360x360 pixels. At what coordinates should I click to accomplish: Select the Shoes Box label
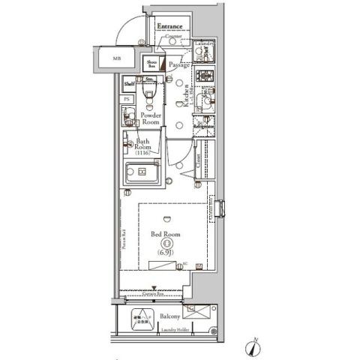pyautogui.click(x=151, y=64)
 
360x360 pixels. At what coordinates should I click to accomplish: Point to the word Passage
pyautogui.click(x=179, y=65)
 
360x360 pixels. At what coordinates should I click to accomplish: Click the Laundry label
pyautogui.click(x=204, y=44)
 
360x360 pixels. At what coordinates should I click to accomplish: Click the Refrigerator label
pyautogui.click(x=203, y=127)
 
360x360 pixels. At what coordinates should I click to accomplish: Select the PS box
pyautogui.click(x=127, y=98)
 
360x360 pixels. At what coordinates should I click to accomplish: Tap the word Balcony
pyautogui.click(x=170, y=317)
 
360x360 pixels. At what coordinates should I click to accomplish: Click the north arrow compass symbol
pyautogui.click(x=252, y=347)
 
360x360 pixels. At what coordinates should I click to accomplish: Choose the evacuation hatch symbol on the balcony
pyautogui.click(x=140, y=319)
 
